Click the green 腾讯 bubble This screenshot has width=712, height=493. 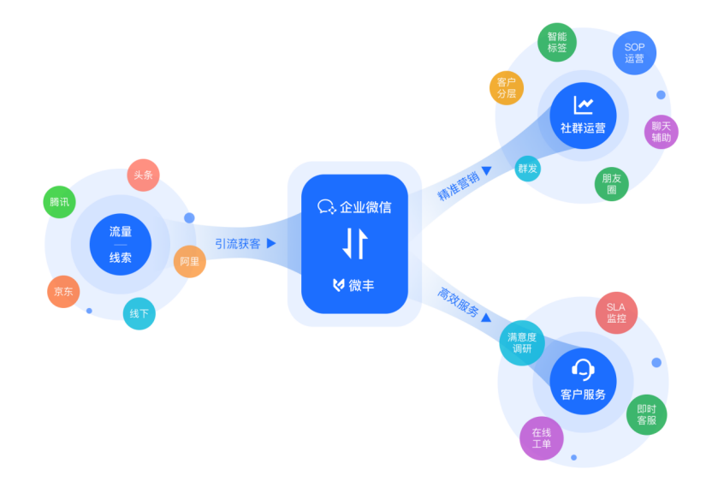(59, 202)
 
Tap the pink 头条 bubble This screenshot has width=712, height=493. (143, 175)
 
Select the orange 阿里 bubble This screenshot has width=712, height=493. (190, 261)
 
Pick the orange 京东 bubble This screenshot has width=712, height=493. (63, 291)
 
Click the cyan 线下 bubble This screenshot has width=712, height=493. (139, 313)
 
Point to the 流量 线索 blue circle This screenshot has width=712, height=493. (121, 244)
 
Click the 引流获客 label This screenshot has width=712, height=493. (237, 243)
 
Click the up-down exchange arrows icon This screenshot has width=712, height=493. (354, 244)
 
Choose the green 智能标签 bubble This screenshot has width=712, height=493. (556, 43)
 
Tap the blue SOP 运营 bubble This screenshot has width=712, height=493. (634, 53)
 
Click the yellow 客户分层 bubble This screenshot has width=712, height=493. (507, 88)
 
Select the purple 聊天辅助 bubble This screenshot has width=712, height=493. (661, 131)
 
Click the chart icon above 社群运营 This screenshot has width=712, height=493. (584, 105)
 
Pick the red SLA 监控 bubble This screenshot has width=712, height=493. (616, 313)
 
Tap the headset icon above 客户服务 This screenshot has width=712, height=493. (583, 370)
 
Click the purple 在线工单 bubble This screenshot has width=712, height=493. (542, 438)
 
